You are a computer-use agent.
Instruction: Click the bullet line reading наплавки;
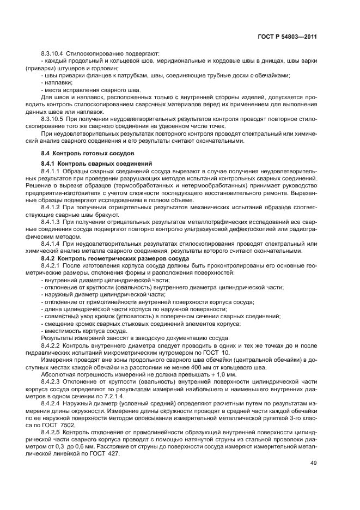point(56,82)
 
